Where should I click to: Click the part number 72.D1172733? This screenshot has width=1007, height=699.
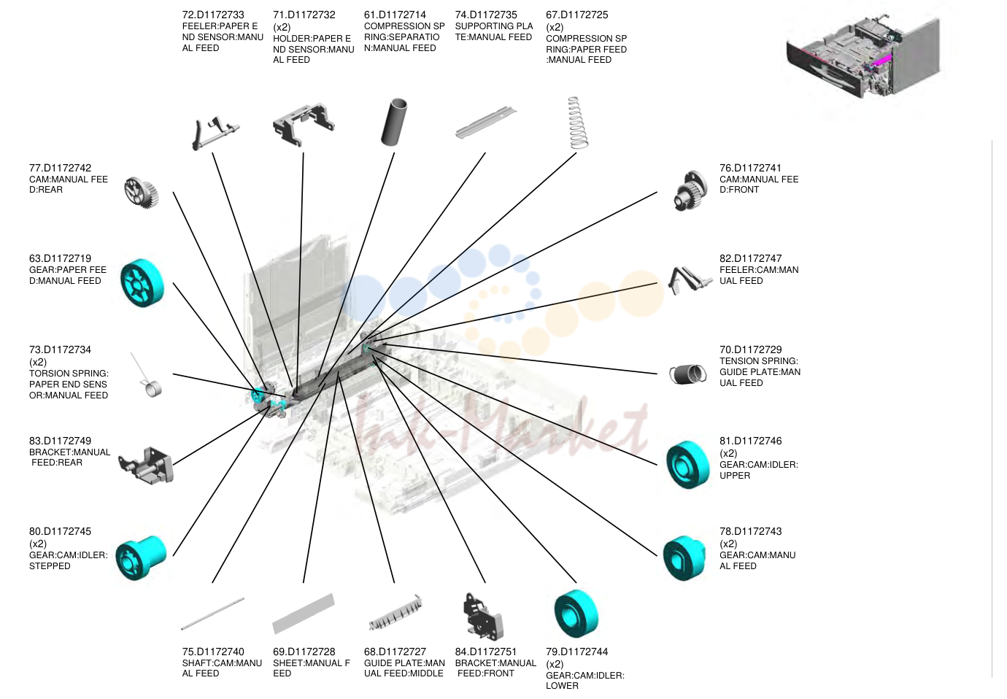coord(213,15)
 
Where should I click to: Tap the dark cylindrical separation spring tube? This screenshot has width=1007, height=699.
coord(394,122)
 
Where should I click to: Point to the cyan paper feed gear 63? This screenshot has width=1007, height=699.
coord(142,283)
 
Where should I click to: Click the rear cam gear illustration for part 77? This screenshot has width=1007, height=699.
coord(141,193)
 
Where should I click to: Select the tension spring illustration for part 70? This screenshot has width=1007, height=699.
coord(687,374)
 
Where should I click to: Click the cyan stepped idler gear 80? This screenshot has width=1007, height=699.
coord(141,557)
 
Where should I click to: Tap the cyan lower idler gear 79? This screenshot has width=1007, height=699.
coord(576,614)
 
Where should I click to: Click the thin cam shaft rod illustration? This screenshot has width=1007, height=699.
coord(212,614)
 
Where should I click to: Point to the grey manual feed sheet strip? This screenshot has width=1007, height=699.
coord(304,614)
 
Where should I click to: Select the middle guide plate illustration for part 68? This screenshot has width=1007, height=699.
coord(396,612)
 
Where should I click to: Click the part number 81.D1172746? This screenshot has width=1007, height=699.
coord(750,441)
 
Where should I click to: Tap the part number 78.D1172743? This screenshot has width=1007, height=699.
coord(750,531)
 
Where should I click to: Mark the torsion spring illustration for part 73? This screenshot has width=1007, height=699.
coord(148,376)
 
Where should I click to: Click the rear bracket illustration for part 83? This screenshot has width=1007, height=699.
coord(146,466)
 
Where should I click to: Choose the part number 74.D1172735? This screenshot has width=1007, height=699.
coord(486,15)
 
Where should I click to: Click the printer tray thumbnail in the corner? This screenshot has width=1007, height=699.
coord(863,58)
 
